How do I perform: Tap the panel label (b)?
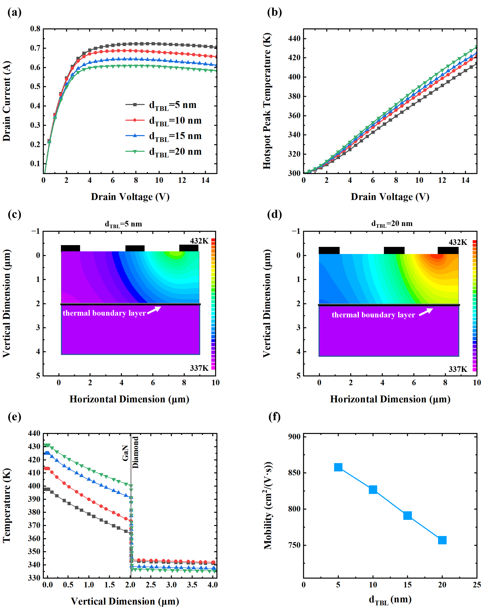pyautogui.click(x=274, y=12)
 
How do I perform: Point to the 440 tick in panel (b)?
pyautogui.click(x=294, y=38)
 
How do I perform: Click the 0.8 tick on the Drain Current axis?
pyautogui.click(x=35, y=29)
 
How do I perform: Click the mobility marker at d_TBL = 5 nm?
pyautogui.click(x=338, y=467)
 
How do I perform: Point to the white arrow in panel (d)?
pyautogui.click(x=426, y=312)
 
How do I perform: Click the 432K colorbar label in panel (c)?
pyautogui.click(x=199, y=241)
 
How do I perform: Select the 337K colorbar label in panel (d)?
pyautogui.click(x=458, y=369)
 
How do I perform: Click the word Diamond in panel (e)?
pyautogui.click(x=136, y=452)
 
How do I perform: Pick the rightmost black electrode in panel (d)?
pyautogui.click(x=448, y=250)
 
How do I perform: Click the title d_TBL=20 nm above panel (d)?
pyautogui.click(x=392, y=224)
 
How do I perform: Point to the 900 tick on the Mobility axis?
pyautogui.click(x=294, y=436)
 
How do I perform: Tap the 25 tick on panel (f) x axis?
pyautogui.click(x=477, y=585)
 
